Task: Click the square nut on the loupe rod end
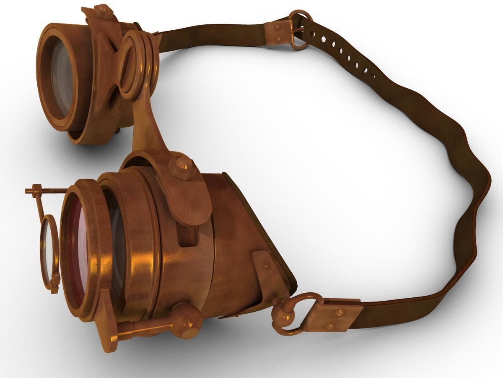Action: tap(36, 189)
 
